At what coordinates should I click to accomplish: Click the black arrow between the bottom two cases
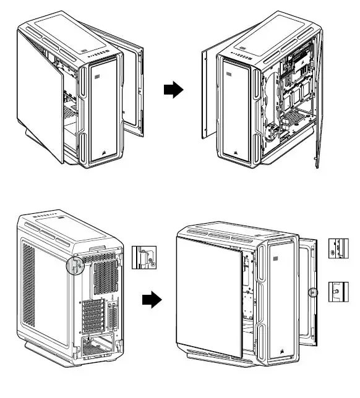tap(152, 301)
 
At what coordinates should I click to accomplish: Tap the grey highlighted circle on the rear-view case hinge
tap(75, 265)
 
